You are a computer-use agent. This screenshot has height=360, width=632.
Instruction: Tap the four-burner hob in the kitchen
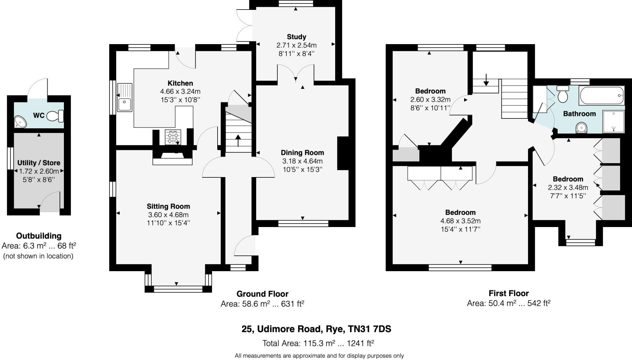pos(173,137)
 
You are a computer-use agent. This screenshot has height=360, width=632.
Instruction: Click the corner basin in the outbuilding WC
pos(20,122)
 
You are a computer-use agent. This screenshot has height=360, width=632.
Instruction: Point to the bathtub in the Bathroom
pos(602,96)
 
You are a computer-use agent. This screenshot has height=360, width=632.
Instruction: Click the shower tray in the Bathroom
pos(613,122)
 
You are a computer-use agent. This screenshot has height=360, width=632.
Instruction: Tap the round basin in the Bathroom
pos(581,127)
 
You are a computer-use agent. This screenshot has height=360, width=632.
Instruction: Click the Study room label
pos(296,37)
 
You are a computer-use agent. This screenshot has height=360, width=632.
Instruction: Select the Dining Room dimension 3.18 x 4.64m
pos(302,161)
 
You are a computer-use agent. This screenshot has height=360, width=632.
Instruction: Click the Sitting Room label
pos(168,206)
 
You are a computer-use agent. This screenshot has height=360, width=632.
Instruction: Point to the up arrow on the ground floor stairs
pos(238,140)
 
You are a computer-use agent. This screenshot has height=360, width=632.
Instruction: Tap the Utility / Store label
pos(39,163)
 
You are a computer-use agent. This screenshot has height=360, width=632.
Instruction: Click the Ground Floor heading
pos(262,294)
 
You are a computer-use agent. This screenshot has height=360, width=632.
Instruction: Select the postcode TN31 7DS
pos(369,329)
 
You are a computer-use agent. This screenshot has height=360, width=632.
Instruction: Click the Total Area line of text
pos(318,343)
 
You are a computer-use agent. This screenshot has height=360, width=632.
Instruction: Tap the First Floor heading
pos(509,293)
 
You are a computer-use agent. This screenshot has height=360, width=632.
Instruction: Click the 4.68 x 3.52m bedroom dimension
pos(460,221)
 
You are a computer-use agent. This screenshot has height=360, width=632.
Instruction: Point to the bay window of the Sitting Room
pos(178,289)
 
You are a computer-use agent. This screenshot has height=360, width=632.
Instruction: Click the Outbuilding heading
pos(39,236)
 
